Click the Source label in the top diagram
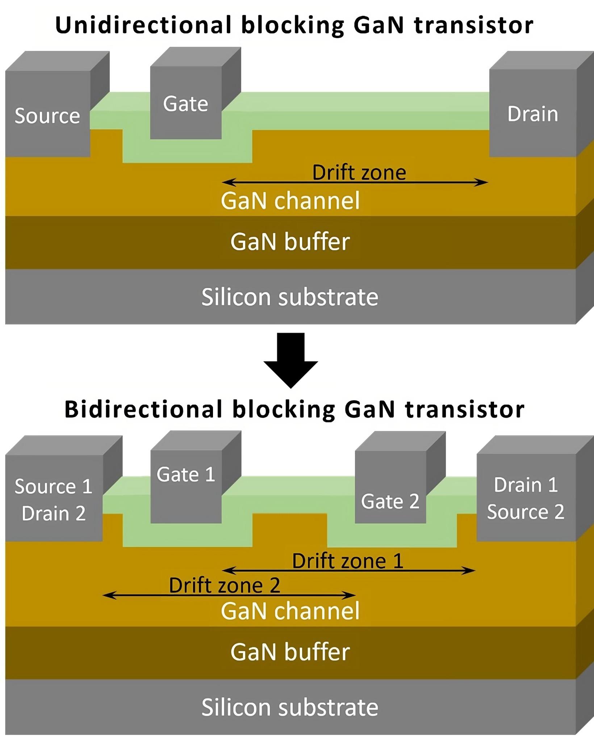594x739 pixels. pyautogui.click(x=47, y=116)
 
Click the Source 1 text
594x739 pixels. pyautogui.click(x=53, y=486)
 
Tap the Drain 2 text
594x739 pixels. pyautogui.click(x=53, y=513)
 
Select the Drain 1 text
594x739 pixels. pyautogui.click(x=526, y=485)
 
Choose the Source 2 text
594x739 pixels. pyautogui.click(x=526, y=512)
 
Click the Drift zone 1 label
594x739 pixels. pyautogui.click(x=348, y=561)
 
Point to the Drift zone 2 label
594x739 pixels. pyautogui.click(x=225, y=585)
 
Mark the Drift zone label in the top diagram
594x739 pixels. pyautogui.click(x=359, y=172)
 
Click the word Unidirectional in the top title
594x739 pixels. pyautogui.click(x=143, y=25)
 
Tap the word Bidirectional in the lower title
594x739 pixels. pyautogui.click(x=143, y=409)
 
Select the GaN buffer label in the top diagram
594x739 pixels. pyautogui.click(x=290, y=242)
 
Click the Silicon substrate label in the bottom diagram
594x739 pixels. pyautogui.click(x=290, y=707)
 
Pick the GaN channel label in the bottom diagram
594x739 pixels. pyautogui.click(x=290, y=611)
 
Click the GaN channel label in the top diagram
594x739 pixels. pyautogui.click(x=290, y=200)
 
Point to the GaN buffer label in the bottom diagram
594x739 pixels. pyautogui.click(x=290, y=652)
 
